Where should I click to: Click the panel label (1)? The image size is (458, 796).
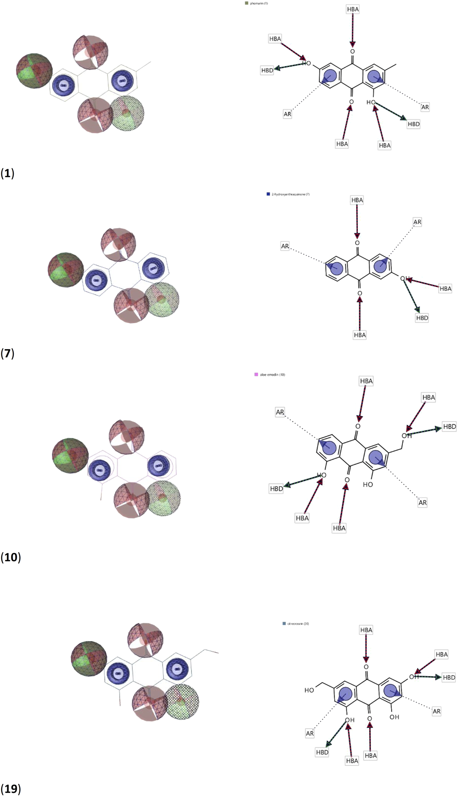pyautogui.click(x=7, y=173)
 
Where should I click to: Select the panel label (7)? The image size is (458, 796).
pyautogui.click(x=7, y=354)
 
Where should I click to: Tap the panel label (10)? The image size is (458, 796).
pyautogui.click(x=10, y=557)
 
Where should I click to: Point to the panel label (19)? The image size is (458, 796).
pyautogui.click(x=10, y=789)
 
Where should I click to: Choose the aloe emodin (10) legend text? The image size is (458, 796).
pyautogui.click(x=272, y=374)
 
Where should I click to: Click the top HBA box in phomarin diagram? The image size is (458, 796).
pyautogui.click(x=353, y=9)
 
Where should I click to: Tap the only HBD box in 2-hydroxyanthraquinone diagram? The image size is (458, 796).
pyautogui.click(x=422, y=318)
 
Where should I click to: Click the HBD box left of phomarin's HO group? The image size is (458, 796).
pyautogui.click(x=267, y=70)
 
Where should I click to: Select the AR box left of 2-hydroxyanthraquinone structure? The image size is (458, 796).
pyautogui.click(x=285, y=246)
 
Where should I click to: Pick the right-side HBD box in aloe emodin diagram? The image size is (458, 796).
pyautogui.click(x=449, y=427)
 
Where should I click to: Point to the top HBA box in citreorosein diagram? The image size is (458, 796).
pyautogui.click(x=366, y=630)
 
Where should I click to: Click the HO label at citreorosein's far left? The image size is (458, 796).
pyautogui.click(x=309, y=690)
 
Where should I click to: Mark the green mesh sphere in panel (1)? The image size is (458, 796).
pyautogui.click(x=128, y=113)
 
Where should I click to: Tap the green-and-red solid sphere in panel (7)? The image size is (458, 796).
pyautogui.click(x=66, y=270)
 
